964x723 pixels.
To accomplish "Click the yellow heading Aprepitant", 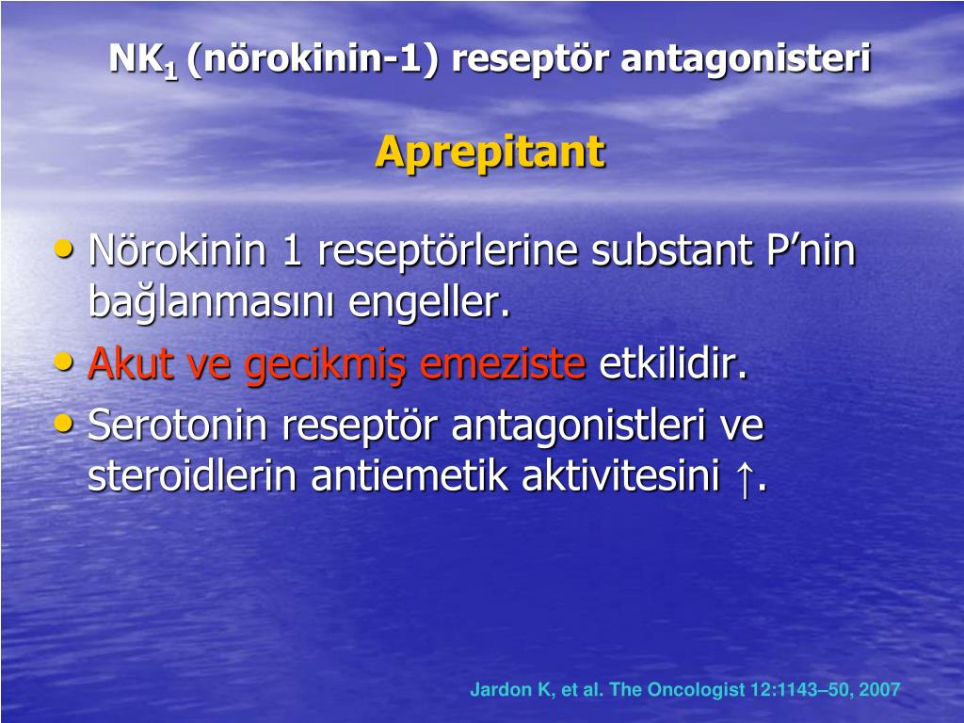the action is coord(490,152).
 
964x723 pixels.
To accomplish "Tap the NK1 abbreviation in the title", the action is coord(143,60).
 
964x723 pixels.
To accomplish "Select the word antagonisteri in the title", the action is coord(746,57).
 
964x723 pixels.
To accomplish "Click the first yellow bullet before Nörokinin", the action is coord(63,249).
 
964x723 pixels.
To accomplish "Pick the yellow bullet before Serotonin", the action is coord(63,423).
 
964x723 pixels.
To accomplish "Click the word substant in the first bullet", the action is coord(672,250).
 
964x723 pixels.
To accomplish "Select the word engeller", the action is coord(430,302).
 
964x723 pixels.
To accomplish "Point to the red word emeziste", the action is coord(503,364).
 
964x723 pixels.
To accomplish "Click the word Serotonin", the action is coord(177,425).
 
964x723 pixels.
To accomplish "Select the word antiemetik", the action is coord(410,475).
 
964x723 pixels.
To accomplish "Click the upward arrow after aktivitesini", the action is coord(744,477).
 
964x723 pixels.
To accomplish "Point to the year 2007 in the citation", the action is coord(880,689).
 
